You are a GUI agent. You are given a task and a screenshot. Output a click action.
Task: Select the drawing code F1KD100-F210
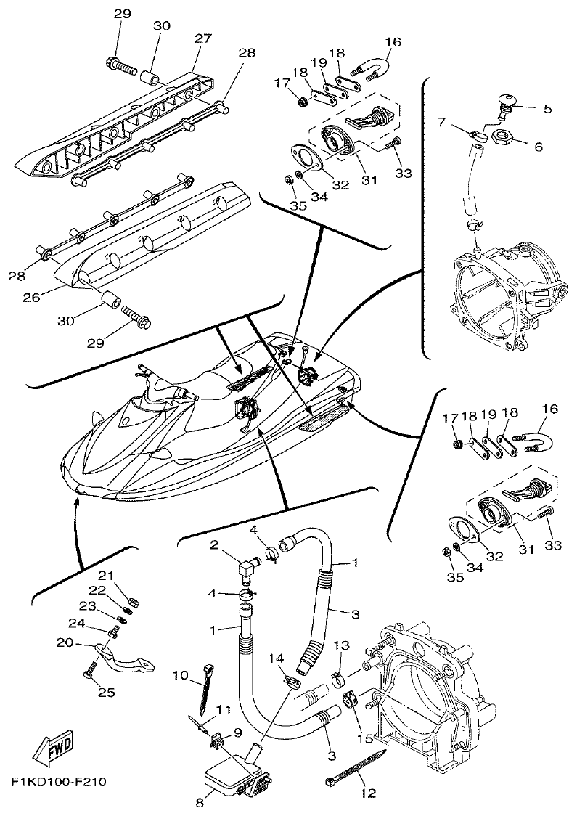[x=58, y=783]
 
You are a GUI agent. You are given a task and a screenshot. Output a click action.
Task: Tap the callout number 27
[x=201, y=38]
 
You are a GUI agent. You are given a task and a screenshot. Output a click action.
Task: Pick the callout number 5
[x=547, y=109]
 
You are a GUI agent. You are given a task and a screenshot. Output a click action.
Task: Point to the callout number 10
[x=180, y=675]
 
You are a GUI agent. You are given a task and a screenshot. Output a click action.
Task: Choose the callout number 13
[x=341, y=645]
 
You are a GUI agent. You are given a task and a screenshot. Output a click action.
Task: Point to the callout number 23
[x=87, y=606]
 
